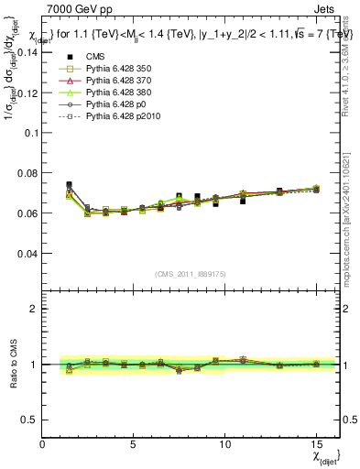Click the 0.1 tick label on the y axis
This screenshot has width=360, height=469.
29,132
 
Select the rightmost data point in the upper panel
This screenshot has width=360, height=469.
316,190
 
